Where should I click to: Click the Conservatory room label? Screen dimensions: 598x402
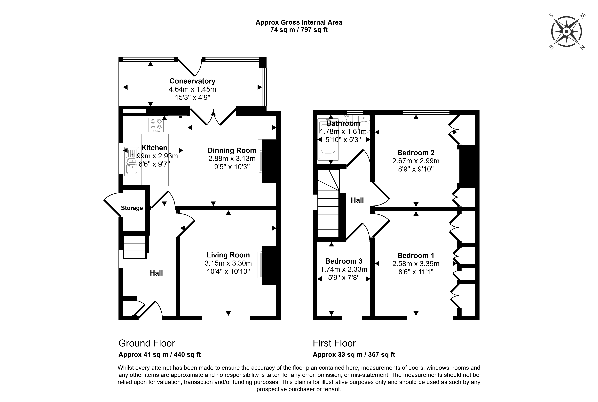(192, 81)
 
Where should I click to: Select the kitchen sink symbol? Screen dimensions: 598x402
(132, 162)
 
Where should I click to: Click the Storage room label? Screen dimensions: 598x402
(132, 208)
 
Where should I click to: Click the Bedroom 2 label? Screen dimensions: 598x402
(416, 153)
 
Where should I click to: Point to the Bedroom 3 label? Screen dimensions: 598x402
(344, 261)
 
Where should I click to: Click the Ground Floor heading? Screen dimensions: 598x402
(147, 343)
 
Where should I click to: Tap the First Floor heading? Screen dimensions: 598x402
(334, 343)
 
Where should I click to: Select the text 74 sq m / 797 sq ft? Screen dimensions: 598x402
(299, 30)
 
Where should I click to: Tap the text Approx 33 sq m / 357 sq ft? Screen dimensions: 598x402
(354, 355)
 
